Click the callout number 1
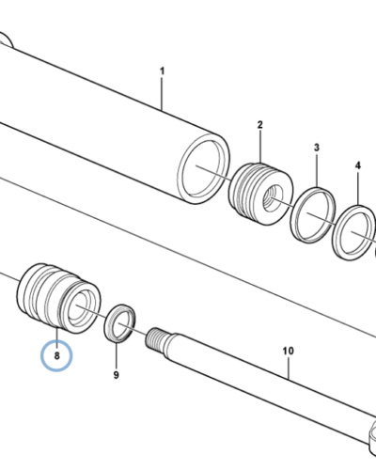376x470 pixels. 162,71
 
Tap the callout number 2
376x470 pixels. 260,125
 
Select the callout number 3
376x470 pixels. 317,148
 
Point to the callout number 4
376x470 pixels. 358,165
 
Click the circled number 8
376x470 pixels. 56,356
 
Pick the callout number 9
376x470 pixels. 117,375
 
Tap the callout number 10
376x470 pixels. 289,351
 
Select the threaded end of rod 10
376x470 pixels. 156,338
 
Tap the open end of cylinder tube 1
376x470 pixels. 204,168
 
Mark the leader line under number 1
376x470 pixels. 162,93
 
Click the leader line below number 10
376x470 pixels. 289,368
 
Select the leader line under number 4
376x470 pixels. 358,188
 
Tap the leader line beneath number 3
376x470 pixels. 317,170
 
